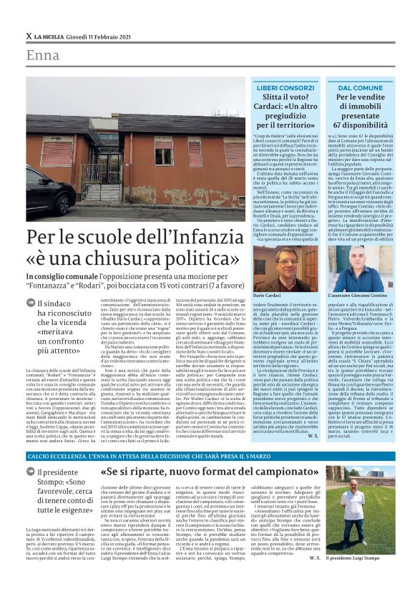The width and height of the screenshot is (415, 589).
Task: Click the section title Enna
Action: (x=42, y=56)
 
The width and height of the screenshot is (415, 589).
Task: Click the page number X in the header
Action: (x=29, y=36)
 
